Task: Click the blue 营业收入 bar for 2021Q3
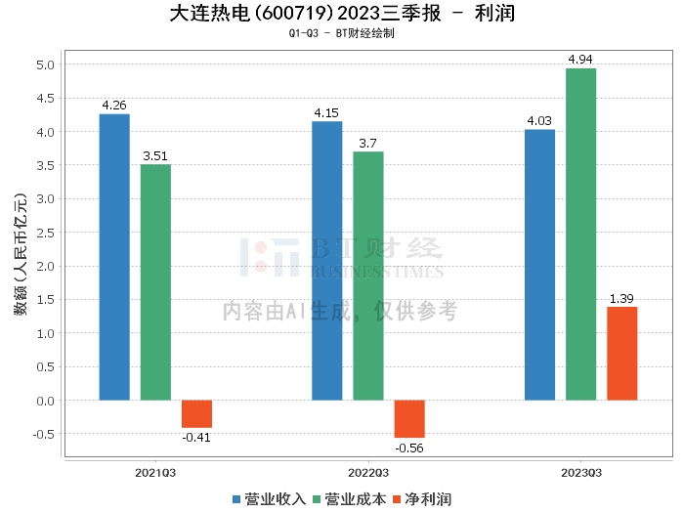114,257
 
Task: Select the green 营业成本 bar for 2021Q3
155,282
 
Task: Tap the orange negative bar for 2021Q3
196,413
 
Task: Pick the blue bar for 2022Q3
326,261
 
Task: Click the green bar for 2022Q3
368,276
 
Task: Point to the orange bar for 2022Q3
409,418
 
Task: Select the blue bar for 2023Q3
539,265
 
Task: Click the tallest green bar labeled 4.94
580,235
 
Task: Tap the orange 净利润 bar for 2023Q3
621,353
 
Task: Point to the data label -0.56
409,448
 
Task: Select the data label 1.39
621,298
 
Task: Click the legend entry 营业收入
269,498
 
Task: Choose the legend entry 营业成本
348,498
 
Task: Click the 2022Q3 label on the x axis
368,472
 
